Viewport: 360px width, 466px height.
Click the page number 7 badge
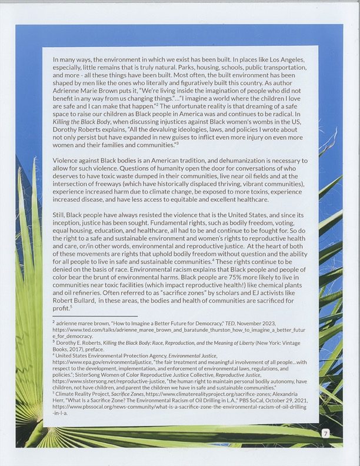point(325,434)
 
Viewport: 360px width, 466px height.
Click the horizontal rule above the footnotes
point(95,316)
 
